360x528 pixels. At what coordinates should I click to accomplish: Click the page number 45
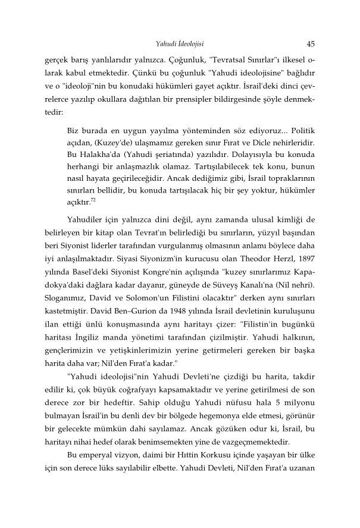(311, 43)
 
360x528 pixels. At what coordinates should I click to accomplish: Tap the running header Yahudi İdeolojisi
(180, 43)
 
